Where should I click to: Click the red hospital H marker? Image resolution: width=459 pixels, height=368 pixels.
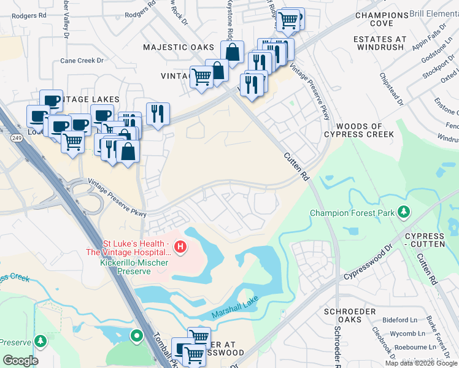pyautogui.click(x=180, y=247)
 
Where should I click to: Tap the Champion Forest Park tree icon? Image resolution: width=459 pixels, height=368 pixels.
pyautogui.click(x=404, y=212)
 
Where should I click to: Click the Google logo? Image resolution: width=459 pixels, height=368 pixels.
pyautogui.click(x=20, y=360)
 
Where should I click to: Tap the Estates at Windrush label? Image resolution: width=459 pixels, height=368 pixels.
pyautogui.click(x=380, y=44)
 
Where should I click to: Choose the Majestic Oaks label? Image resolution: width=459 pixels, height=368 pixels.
pyautogui.click(x=179, y=47)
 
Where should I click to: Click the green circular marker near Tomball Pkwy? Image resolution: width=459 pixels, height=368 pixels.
pyautogui.click(x=136, y=335)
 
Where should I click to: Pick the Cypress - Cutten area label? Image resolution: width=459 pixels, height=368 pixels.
pyautogui.click(x=424, y=241)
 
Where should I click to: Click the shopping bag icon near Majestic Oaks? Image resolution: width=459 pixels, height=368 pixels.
pyautogui.click(x=233, y=52)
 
